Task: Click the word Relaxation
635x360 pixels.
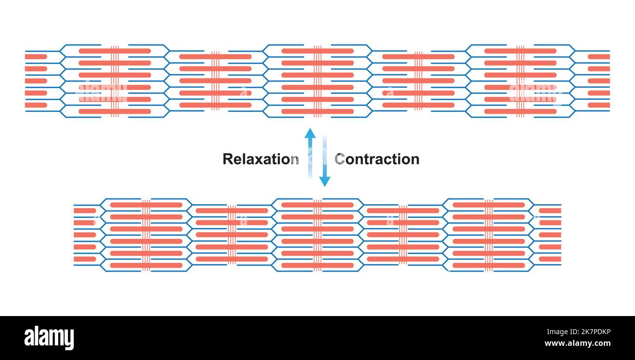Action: click(260, 159)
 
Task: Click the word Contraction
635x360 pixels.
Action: click(377, 159)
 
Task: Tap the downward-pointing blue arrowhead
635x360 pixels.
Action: click(324, 181)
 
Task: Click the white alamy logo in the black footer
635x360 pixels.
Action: click(49, 338)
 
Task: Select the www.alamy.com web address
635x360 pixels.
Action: click(578, 344)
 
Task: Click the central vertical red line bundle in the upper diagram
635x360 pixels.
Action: click(317, 81)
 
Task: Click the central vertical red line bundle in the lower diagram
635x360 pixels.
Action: click(317, 235)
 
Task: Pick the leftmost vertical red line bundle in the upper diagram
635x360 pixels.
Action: click(115, 81)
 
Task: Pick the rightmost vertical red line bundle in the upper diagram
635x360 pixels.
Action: click(520, 81)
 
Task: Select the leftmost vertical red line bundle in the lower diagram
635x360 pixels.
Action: click(146, 235)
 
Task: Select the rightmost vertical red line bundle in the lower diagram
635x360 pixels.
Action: click(488, 235)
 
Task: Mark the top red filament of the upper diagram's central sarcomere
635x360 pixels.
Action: click(317, 51)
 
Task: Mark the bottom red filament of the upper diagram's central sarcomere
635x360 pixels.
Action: click(317, 111)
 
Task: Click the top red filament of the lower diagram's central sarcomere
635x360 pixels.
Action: click(317, 205)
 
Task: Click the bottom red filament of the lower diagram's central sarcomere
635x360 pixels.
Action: click(317, 265)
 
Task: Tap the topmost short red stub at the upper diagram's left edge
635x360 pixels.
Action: click(36, 57)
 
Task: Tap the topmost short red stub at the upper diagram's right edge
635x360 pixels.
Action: click(598, 57)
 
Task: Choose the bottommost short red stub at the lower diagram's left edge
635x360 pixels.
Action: click(85, 259)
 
